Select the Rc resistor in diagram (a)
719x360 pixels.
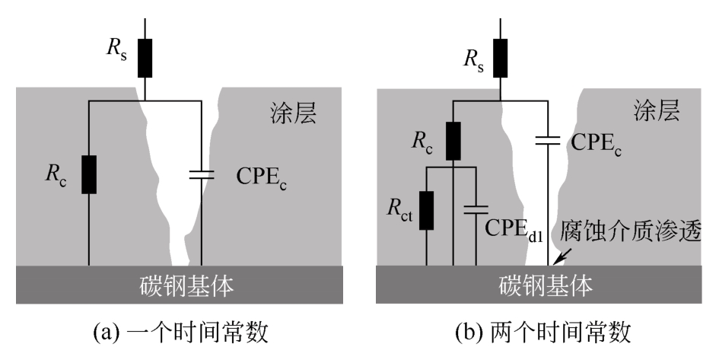(x=88, y=174)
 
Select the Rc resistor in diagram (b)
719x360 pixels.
(x=453, y=141)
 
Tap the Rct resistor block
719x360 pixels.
(x=426, y=211)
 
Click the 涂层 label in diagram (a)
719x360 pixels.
(x=293, y=113)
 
